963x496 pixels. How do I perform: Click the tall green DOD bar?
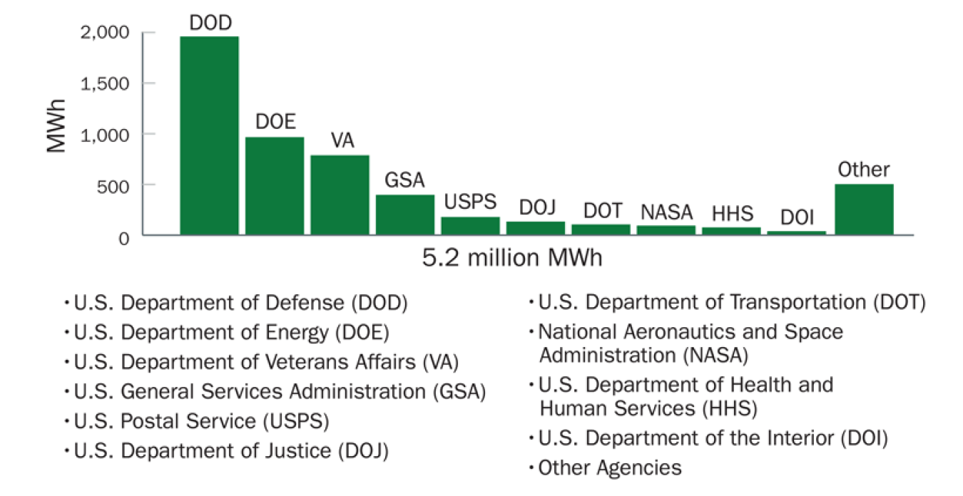209,135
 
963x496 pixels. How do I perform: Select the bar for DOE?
275,185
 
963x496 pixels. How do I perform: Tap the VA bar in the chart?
340,195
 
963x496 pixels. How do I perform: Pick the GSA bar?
405,215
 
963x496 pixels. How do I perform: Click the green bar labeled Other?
864,210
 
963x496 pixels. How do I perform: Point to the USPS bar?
470,226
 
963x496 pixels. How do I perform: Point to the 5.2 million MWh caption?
511,258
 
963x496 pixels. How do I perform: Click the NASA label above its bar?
666,212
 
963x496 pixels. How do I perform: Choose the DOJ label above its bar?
536,208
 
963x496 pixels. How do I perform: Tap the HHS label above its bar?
731,213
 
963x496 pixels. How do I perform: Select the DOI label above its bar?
796,217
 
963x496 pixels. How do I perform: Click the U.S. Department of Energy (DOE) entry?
231,332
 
